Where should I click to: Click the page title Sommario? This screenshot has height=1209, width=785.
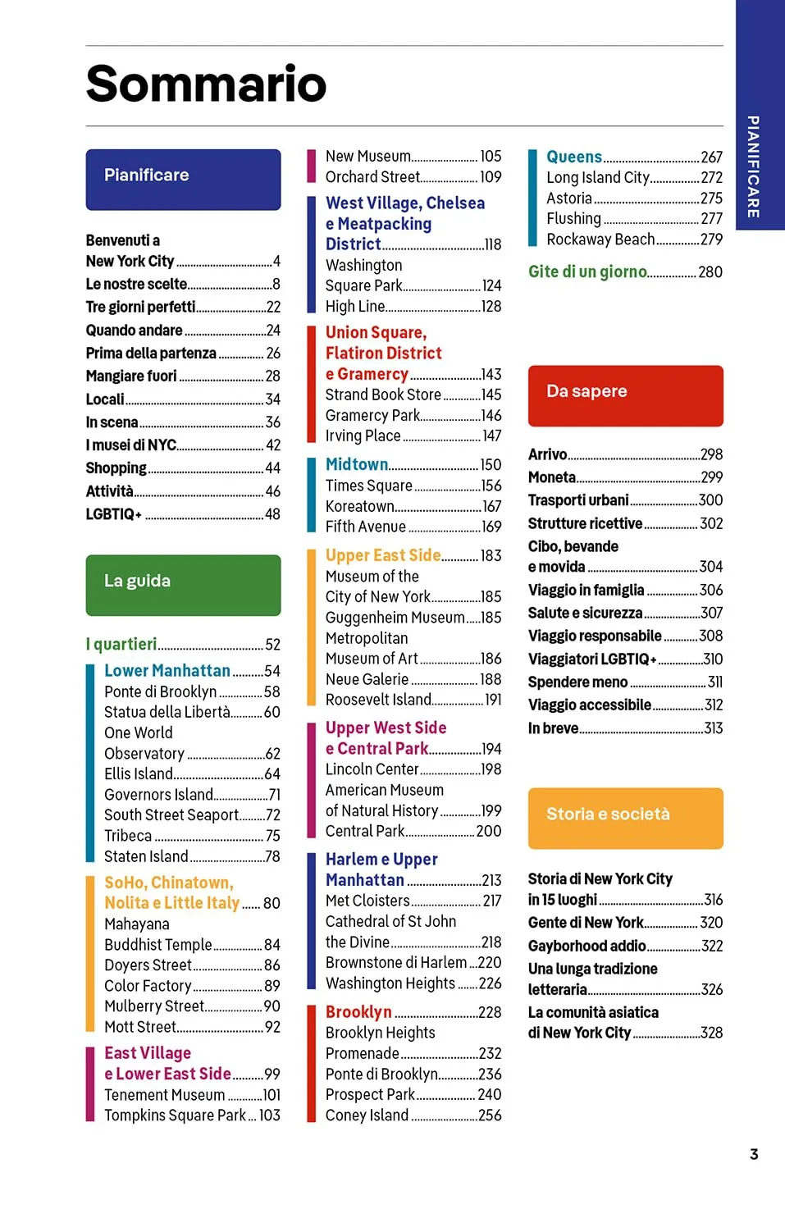[x=206, y=84]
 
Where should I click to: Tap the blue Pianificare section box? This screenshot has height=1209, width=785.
[x=183, y=179]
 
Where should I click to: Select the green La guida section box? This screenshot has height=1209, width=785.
[x=183, y=585]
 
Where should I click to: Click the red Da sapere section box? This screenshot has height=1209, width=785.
[x=625, y=395]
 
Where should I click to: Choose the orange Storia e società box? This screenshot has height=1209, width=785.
[x=625, y=818]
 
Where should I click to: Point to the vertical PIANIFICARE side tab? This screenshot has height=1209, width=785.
[x=753, y=167]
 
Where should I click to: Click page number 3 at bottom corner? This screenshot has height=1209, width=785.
[x=754, y=1154]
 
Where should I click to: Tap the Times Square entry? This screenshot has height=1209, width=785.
[x=368, y=486]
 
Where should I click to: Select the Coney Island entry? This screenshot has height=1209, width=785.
[x=367, y=1115]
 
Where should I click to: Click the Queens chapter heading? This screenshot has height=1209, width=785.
[x=574, y=157]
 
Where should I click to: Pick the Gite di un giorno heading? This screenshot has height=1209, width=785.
[x=587, y=271]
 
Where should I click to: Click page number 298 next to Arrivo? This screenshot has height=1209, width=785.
[x=711, y=454]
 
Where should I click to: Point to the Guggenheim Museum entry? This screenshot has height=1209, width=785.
[x=395, y=618]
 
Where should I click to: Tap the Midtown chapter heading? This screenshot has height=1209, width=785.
[x=357, y=464]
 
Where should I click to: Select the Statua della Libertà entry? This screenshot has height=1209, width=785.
[x=167, y=712]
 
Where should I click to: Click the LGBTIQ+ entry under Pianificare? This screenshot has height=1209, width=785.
[x=114, y=514]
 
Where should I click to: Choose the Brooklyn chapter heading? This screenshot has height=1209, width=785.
[x=358, y=1012]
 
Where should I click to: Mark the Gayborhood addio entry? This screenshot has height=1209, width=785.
[x=586, y=946]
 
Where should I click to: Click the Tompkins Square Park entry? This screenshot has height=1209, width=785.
[x=175, y=1115]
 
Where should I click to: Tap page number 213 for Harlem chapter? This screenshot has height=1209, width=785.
[x=491, y=880]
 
